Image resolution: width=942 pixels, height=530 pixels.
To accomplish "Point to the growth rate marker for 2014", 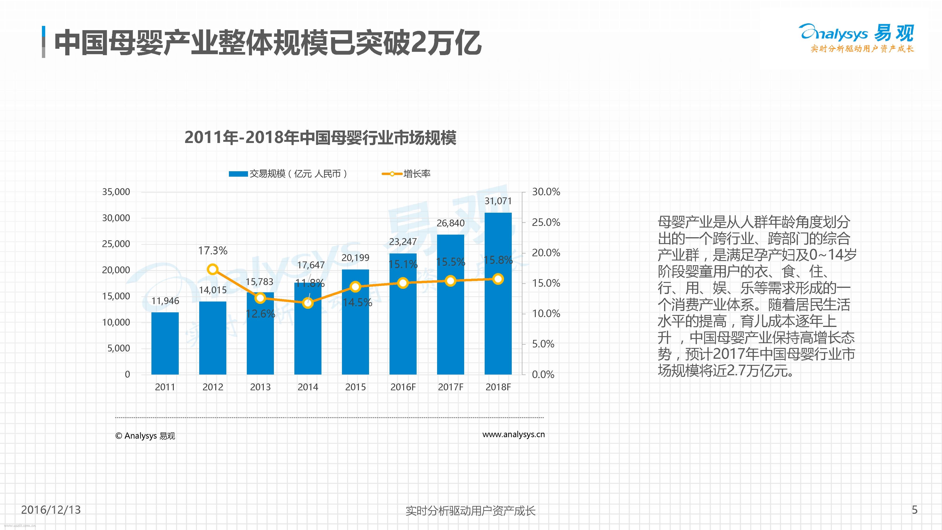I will pos(308,303).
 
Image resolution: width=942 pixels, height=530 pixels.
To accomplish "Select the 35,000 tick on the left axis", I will pos(116,192).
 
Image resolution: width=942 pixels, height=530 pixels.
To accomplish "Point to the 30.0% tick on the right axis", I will pos(546,192).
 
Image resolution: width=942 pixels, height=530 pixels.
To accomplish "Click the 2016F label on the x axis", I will pos(403,387).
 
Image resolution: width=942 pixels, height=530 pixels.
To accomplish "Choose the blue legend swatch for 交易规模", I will pos(238,174).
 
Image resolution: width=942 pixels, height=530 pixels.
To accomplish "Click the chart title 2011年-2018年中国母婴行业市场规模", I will pos(320,138).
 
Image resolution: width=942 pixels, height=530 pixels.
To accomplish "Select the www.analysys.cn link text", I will pos(513,435).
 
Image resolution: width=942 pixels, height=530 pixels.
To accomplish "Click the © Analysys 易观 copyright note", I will pos(145,436).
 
